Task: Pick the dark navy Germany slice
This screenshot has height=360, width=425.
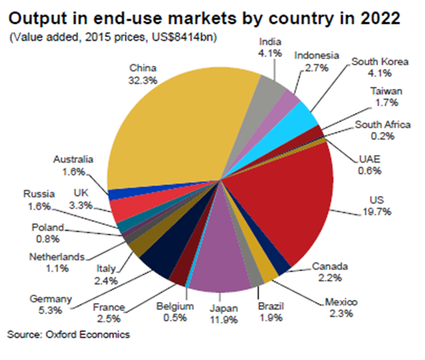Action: pos(160,256)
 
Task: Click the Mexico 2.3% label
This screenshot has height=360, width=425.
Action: pos(341,307)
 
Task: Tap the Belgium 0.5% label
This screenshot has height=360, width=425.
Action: pos(175,311)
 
